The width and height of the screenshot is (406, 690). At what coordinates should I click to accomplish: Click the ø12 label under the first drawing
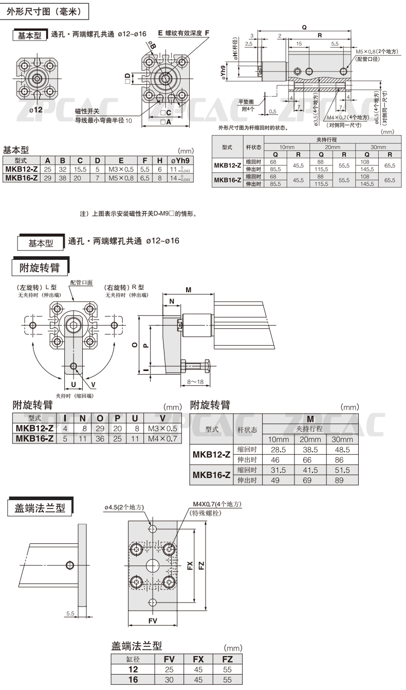click(x=35, y=109)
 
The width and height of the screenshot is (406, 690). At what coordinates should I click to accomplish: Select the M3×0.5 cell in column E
click(x=120, y=169)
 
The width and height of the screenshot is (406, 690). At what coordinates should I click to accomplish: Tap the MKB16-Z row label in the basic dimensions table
click(x=21, y=178)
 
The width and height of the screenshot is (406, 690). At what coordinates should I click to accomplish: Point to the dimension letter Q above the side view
click(x=305, y=29)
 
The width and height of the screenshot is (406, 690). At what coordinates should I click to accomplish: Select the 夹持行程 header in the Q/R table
click(x=331, y=139)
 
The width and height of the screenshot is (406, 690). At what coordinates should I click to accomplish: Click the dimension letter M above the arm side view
click(x=189, y=290)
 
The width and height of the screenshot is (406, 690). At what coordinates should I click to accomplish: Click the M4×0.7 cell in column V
click(x=162, y=438)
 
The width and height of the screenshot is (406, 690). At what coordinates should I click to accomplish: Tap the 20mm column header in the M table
click(x=310, y=439)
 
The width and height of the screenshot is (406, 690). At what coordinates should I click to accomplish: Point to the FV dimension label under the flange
click(x=153, y=621)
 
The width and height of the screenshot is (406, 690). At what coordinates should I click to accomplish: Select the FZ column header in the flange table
click(x=228, y=659)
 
